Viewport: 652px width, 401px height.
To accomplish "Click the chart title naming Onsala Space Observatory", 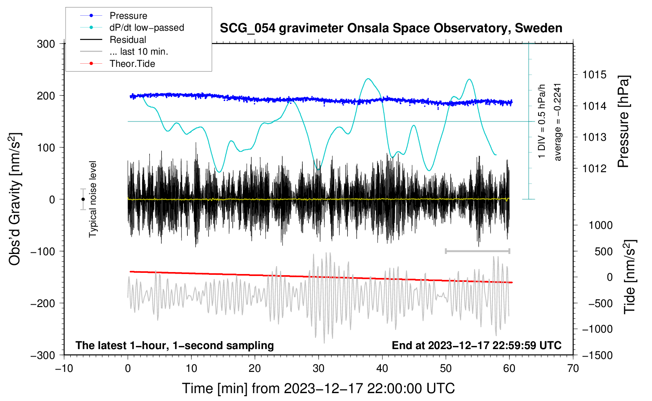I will point(391,28).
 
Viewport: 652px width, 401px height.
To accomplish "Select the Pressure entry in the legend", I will point(128,16).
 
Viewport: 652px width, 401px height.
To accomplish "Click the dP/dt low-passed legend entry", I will point(147,28).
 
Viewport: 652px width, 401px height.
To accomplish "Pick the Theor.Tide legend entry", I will point(132,64).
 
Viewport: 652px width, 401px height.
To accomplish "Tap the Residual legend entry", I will point(128,40).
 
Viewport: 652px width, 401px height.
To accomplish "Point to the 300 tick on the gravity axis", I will point(46,44).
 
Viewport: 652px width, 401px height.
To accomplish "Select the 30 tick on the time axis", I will point(319,368).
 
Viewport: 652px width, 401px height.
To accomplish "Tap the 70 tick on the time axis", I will point(573,368).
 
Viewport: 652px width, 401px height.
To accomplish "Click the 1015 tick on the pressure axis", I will point(594,75).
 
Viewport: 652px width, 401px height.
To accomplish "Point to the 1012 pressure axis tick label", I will point(594,169).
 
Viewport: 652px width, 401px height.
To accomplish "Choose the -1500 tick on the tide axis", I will point(597,355).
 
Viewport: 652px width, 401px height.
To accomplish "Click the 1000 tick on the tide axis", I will point(601,225).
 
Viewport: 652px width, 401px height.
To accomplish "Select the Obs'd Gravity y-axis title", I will point(15,199).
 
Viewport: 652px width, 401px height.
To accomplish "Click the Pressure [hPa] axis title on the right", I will point(623,121).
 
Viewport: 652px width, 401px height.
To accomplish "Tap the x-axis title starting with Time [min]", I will point(318,388).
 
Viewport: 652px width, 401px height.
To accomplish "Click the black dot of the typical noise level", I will point(83,199).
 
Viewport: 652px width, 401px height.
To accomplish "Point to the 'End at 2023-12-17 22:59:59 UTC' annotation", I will point(476,346).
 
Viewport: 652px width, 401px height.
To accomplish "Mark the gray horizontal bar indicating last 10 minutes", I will point(477,251).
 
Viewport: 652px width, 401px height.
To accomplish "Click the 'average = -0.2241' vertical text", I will point(558,122).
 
